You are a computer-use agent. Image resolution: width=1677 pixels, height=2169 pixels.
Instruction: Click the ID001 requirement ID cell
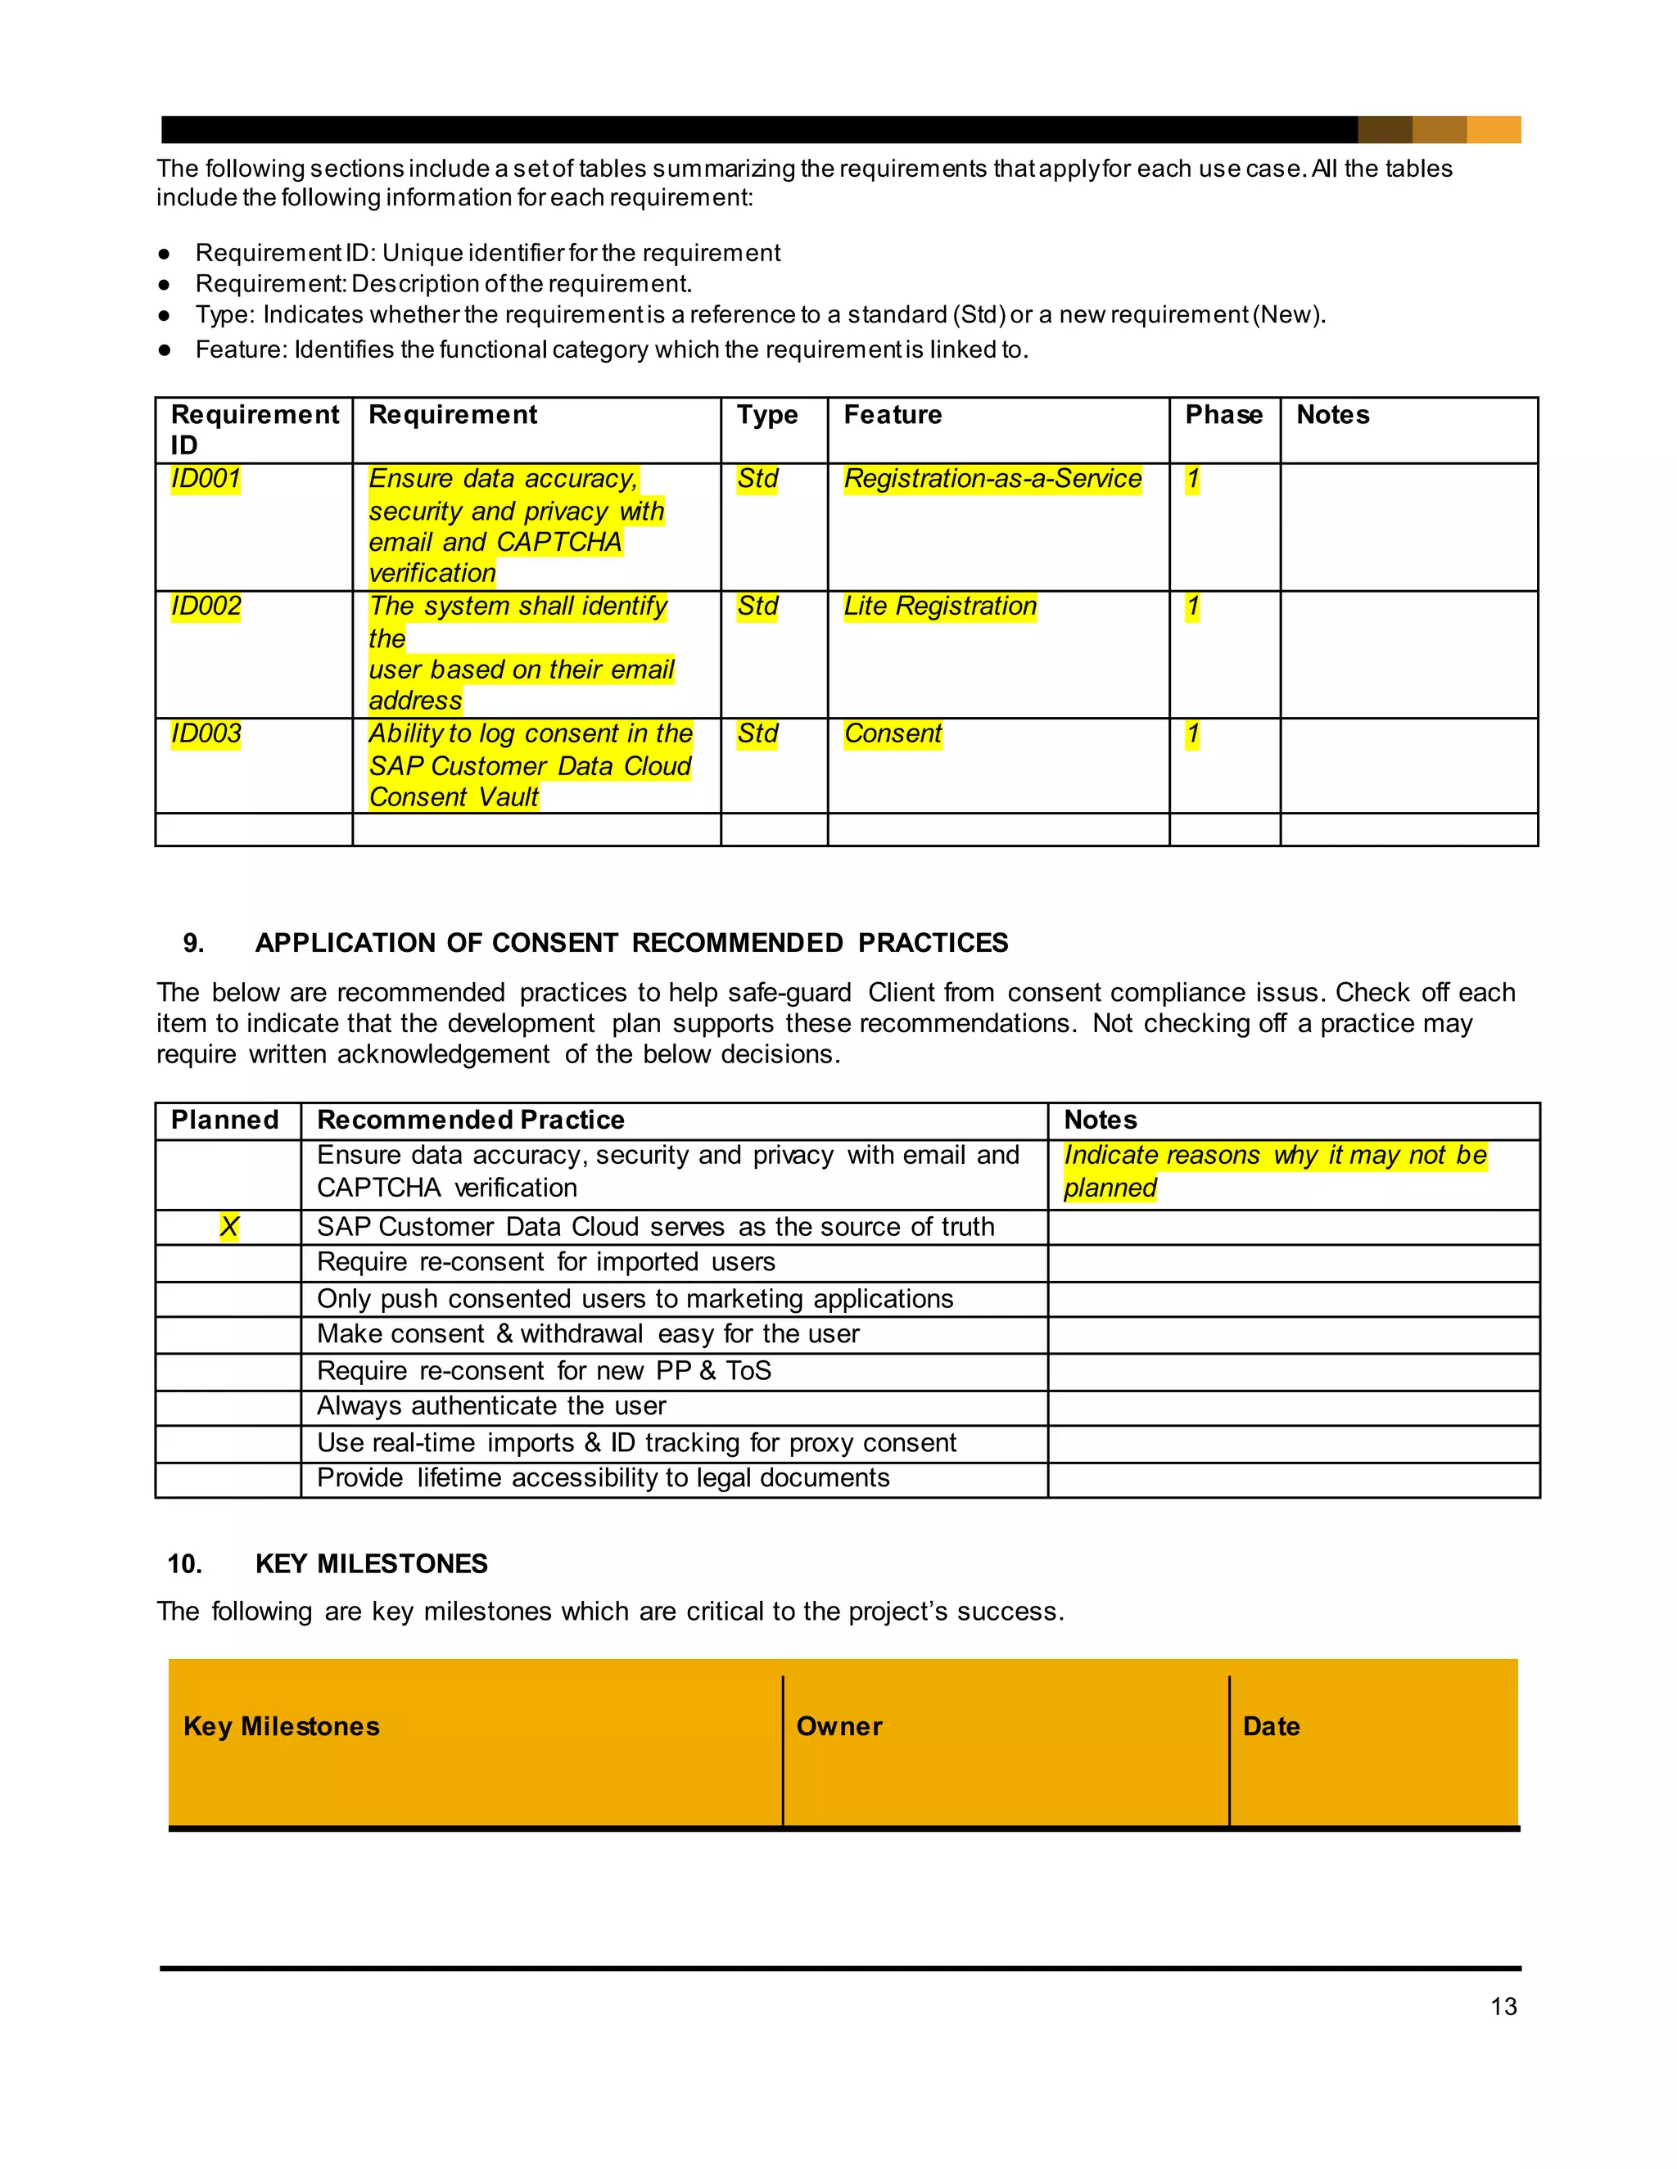tap(206, 479)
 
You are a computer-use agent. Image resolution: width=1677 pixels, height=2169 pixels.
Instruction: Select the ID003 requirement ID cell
tap(206, 734)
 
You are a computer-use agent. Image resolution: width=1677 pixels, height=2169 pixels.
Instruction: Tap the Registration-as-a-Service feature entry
tap(992, 479)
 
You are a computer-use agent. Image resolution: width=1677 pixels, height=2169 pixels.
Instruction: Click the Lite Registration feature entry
tap(939, 606)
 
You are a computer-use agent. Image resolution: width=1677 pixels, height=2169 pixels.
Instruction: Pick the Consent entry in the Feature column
tap(893, 734)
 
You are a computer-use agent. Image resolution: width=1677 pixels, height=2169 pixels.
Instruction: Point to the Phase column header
tap(1223, 415)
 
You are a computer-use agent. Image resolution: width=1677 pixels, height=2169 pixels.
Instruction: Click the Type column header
tap(767, 415)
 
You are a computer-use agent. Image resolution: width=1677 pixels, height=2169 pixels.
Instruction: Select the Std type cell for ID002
tap(757, 606)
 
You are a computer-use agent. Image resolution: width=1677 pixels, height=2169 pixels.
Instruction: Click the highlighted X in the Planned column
tap(228, 1228)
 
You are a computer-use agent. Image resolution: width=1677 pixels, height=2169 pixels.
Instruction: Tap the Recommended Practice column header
tap(470, 1121)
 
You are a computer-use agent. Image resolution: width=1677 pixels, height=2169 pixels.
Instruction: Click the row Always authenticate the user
tap(490, 1406)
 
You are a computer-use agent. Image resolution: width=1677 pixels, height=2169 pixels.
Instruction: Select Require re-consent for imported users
tap(545, 1262)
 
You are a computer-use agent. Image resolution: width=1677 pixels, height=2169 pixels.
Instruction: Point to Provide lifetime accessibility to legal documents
tap(602, 1479)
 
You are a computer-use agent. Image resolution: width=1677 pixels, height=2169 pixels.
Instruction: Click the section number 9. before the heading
tap(194, 944)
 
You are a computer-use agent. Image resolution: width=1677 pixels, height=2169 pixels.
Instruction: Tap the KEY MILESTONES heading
tap(371, 1564)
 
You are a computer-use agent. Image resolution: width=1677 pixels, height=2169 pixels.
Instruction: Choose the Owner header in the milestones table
tap(838, 1726)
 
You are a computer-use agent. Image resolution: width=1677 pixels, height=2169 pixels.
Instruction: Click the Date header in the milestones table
tap(1271, 1726)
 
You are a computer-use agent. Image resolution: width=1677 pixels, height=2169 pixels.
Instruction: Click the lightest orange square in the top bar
tap(1494, 129)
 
